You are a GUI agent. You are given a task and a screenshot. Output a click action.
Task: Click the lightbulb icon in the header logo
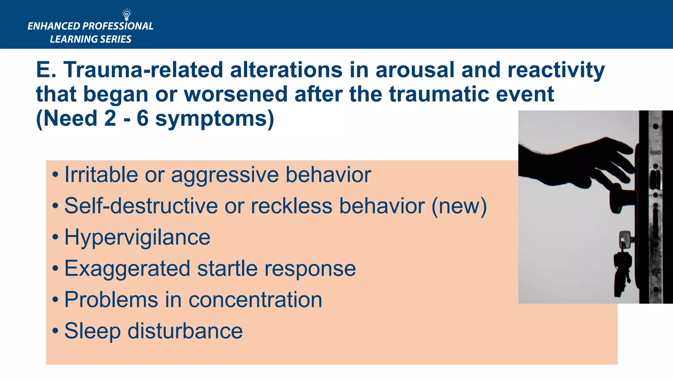[127, 15]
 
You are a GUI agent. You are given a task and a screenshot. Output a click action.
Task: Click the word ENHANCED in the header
[54, 26]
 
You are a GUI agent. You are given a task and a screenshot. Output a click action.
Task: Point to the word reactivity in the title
[556, 70]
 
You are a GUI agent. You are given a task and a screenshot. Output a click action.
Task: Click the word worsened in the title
[235, 94]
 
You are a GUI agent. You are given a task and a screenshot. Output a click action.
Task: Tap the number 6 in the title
[143, 118]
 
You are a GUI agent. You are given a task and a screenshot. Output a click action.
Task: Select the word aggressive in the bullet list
[224, 175]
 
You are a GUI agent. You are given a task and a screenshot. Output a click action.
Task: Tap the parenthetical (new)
[459, 206]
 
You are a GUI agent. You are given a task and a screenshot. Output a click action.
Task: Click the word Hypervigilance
[137, 238]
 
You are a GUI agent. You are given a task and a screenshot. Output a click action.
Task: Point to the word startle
[227, 268]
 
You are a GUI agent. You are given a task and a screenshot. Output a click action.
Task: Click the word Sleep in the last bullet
[92, 331]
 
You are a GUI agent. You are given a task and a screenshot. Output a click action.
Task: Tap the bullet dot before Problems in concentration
[55, 300]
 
